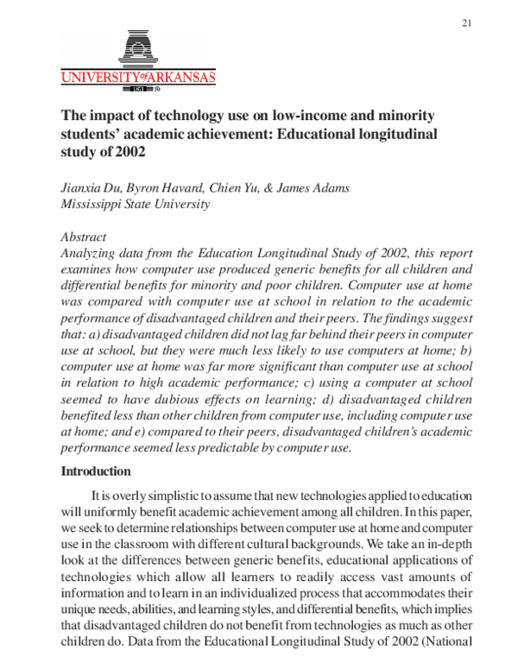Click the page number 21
coord(467,22)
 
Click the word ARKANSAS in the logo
coord(175,78)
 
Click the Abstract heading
coord(84,237)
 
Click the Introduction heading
coord(95,472)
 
